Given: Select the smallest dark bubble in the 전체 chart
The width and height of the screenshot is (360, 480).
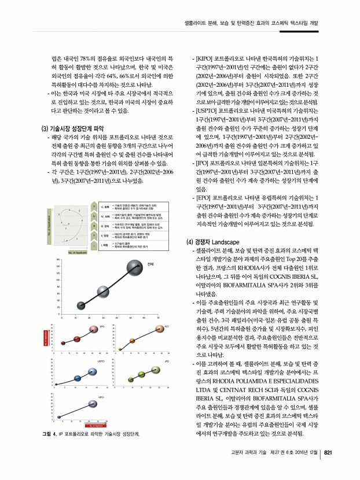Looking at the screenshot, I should pyautogui.click(x=81, y=305).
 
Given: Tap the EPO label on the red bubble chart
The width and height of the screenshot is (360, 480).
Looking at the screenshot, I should pyautogui.click(x=102, y=327).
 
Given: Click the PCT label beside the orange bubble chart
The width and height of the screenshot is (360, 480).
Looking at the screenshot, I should pyautogui.click(x=166, y=327).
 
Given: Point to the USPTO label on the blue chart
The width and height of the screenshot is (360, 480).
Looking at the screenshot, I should pyautogui.click(x=101, y=361).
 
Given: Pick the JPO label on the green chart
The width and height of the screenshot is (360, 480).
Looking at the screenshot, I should pyautogui.click(x=166, y=361).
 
